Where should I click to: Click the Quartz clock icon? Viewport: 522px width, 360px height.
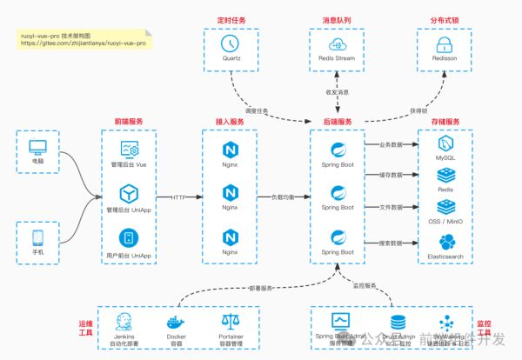pos(231,42)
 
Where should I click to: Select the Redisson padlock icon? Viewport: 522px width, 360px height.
pos(445,43)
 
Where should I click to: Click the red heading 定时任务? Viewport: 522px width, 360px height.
pos(231,18)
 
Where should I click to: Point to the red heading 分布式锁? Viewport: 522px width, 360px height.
pos(445,18)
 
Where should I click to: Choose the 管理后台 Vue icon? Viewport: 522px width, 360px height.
pos(130,149)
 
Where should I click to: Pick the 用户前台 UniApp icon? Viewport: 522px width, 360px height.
pos(130,237)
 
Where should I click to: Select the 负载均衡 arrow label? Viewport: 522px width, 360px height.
pos(286,197)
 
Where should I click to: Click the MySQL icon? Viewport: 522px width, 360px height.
pos(445,143)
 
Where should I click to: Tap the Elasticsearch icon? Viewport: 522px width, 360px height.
pos(445,241)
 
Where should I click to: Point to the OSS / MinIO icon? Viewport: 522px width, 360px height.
pos(445,208)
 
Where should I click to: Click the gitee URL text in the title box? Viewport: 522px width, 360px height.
pos(82,42)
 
